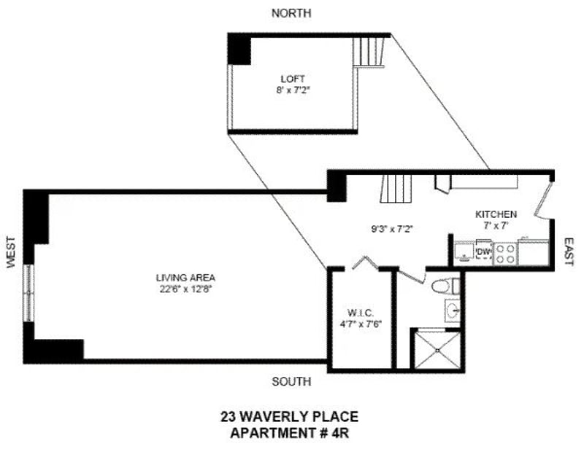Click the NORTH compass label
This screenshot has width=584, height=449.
(x=291, y=13)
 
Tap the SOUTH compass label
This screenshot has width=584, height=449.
(x=291, y=381)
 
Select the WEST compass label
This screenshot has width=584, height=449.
(x=11, y=252)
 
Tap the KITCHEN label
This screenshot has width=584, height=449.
(x=496, y=214)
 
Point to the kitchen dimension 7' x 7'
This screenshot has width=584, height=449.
(x=496, y=226)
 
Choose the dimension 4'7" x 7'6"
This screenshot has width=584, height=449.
(x=360, y=324)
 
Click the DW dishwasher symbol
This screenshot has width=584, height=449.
(x=483, y=252)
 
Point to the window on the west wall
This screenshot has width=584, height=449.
(x=30, y=292)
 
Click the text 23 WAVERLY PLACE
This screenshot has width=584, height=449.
(x=290, y=418)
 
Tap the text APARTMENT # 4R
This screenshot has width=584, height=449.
(x=290, y=433)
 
